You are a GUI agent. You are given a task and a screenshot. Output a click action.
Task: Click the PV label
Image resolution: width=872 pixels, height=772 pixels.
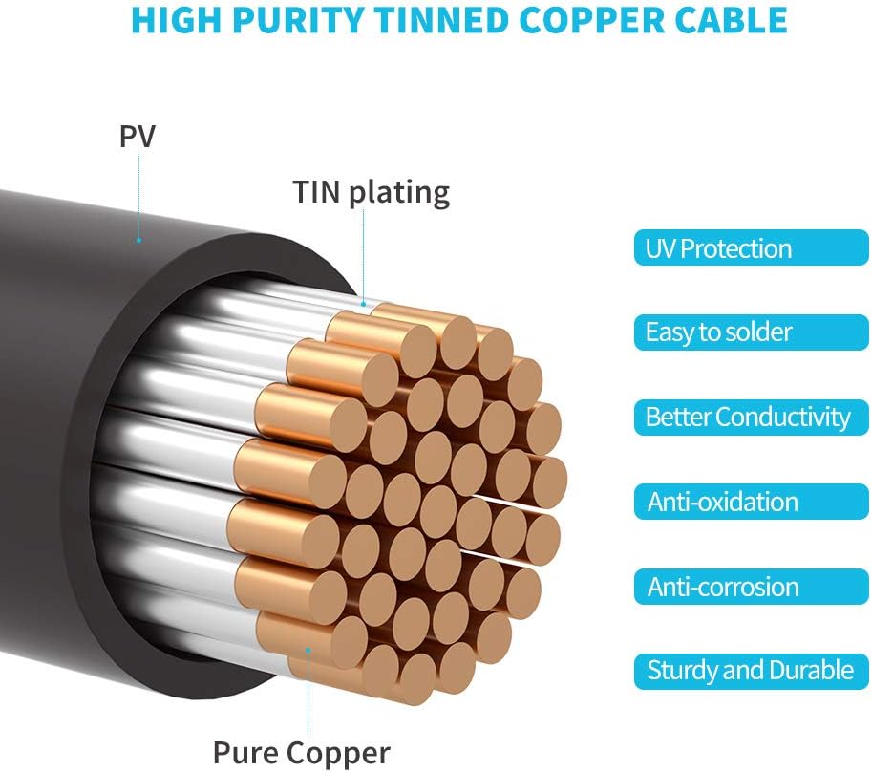point(138,136)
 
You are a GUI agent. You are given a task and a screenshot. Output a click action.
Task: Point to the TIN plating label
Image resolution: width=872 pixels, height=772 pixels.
point(371,193)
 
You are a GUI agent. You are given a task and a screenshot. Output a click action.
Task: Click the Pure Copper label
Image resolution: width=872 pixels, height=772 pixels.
point(302,753)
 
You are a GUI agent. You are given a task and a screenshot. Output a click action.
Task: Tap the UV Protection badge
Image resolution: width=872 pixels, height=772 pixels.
point(752,248)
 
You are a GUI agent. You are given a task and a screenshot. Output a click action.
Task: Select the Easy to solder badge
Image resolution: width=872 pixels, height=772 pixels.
point(752,332)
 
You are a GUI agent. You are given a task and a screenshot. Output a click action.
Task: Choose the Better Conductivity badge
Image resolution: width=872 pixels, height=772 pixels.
point(752,418)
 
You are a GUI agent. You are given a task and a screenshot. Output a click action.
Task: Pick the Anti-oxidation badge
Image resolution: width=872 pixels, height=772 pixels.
point(752,502)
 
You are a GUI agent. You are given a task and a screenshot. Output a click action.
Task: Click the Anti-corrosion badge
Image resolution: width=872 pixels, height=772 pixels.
point(752,587)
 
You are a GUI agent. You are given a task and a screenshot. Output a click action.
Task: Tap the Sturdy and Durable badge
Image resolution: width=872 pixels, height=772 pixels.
point(752,672)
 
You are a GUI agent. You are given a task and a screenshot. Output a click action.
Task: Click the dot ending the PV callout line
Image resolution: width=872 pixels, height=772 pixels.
point(139,240)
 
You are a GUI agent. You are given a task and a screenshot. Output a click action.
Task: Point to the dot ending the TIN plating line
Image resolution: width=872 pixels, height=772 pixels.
point(364,304)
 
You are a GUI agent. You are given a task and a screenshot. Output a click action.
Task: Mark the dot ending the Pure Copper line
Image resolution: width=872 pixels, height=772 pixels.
point(308,649)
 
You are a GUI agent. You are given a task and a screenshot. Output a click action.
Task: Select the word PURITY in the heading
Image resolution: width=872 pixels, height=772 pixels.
point(298,20)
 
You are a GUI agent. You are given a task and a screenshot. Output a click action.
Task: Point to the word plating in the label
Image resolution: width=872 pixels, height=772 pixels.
point(399,194)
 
